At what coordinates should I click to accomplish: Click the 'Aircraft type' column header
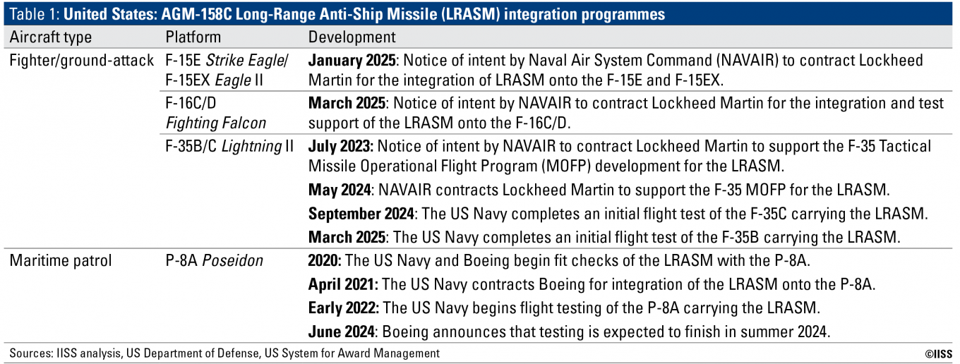pos(51,37)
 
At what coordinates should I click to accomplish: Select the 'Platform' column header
pos(193,37)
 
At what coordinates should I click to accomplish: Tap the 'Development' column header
pos(352,37)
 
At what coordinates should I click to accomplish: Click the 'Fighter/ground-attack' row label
pos(81,61)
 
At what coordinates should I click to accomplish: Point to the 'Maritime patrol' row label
pos(61,260)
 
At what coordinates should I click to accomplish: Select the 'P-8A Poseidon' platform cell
pos(215,260)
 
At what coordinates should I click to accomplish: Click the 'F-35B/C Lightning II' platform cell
pos(229,147)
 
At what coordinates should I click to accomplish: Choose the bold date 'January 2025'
pos(352,61)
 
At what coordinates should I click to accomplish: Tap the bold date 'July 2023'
pos(341,147)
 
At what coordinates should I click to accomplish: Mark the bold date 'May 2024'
pos(340,190)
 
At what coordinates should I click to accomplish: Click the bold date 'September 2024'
pos(361,214)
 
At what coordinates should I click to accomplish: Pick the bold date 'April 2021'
pos(343,284)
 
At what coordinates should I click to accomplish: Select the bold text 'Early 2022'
pos(343,308)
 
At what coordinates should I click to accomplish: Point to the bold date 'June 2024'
pos(342,332)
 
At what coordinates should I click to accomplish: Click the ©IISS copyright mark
pos(938,353)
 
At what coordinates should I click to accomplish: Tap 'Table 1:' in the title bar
pos(35,14)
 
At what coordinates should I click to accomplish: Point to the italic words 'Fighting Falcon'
pos(215,123)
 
